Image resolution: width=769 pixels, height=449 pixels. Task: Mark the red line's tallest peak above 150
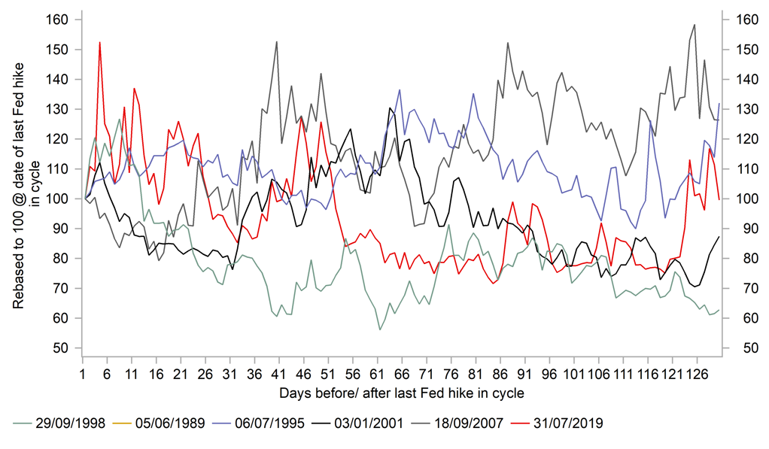(99, 43)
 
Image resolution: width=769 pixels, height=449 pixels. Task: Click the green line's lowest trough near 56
(380, 329)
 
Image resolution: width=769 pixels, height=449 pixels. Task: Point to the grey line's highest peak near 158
(694, 25)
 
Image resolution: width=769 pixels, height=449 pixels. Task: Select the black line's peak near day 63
(390, 108)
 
